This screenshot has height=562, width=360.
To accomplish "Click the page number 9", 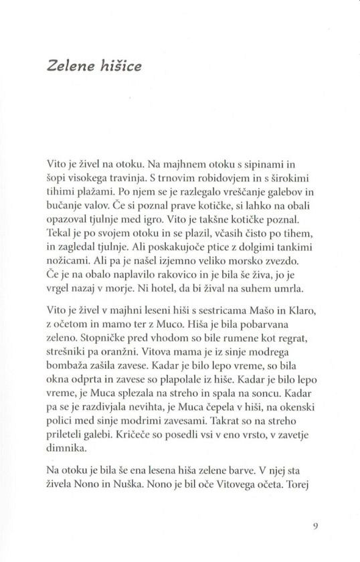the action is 315,525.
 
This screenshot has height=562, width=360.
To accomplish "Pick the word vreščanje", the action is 237,191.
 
